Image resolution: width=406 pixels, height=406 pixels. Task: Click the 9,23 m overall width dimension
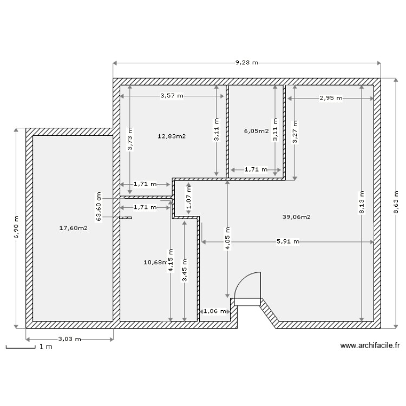(246, 63)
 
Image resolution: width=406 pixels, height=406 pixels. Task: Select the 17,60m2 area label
(73, 228)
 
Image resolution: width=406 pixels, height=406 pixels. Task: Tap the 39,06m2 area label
(296, 217)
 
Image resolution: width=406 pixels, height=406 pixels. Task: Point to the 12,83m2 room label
(172, 136)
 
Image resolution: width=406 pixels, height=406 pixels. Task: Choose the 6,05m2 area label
(256, 131)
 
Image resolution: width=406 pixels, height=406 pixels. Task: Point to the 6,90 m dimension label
(16, 227)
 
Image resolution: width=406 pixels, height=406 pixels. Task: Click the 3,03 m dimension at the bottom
(69, 339)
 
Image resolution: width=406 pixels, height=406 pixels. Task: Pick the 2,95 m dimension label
(331, 98)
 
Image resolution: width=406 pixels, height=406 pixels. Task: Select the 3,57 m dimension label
(172, 96)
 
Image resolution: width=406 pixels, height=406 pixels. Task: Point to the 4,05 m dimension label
(227, 239)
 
